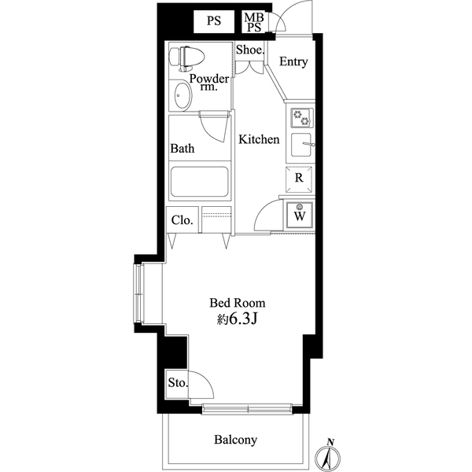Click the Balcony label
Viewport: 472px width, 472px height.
click(236, 441)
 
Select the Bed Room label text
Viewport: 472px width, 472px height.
click(237, 302)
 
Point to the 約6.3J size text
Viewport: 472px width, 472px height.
click(237, 319)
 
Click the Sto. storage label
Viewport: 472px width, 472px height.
click(178, 384)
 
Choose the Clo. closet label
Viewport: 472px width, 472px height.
click(182, 220)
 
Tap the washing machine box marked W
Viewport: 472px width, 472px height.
click(300, 213)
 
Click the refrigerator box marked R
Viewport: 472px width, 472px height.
click(299, 179)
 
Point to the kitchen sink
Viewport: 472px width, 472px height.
click(301, 146)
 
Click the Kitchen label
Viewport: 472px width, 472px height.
click(260, 139)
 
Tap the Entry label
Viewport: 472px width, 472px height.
click(293, 62)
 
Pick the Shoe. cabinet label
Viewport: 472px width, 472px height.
click(249, 50)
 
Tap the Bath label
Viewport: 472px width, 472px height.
click(183, 148)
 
